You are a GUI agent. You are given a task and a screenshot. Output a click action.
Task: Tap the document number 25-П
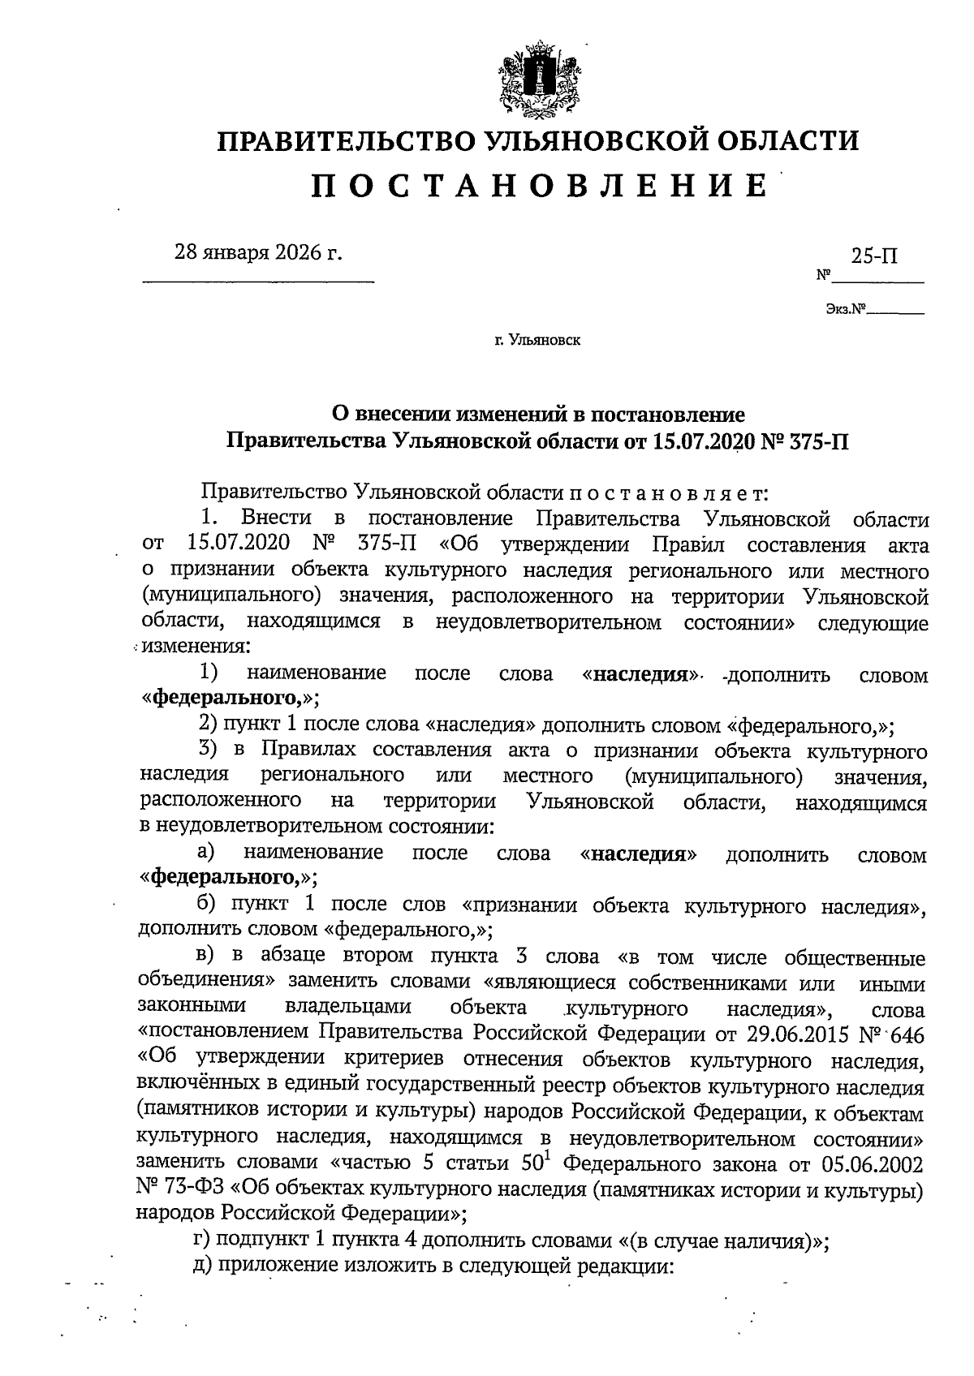coord(875,256)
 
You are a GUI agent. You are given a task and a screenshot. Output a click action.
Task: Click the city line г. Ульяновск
coord(537,341)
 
